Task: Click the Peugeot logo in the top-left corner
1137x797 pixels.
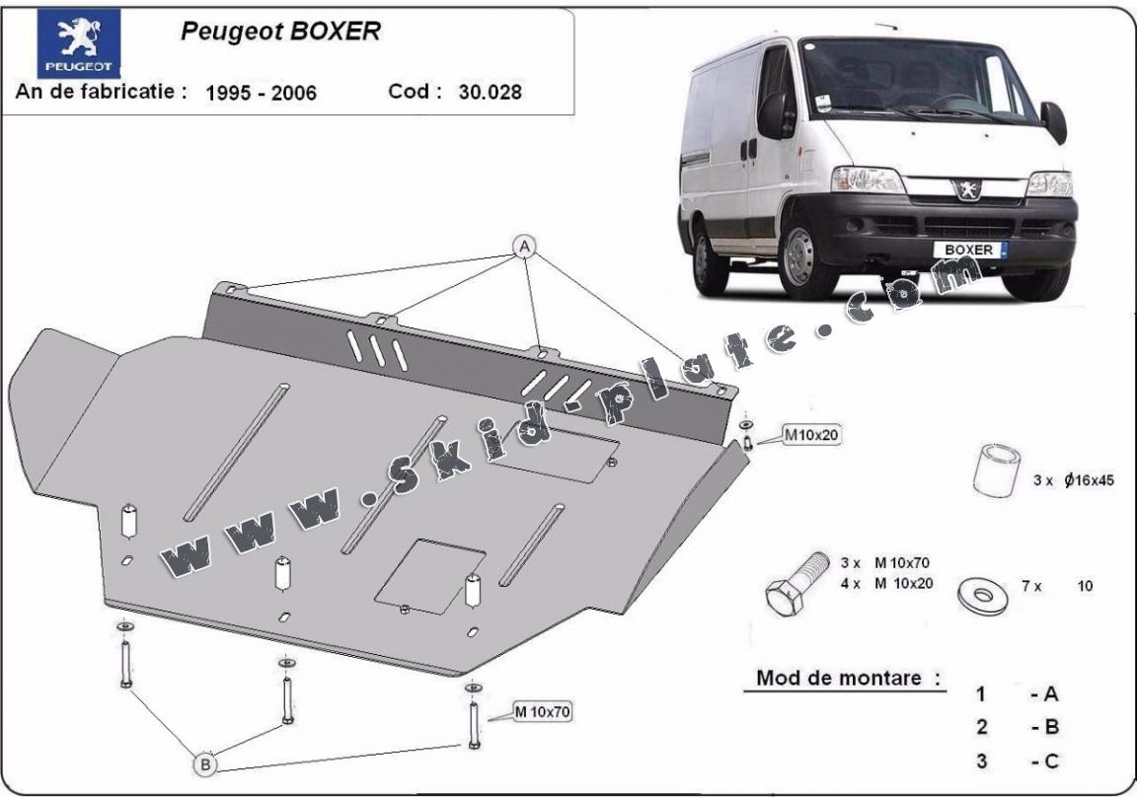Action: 79,43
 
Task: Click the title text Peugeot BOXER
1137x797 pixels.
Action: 279,32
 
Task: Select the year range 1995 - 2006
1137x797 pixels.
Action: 261,93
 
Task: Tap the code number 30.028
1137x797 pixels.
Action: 490,93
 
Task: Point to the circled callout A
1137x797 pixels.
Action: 524,246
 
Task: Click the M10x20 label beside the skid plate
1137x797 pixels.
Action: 811,433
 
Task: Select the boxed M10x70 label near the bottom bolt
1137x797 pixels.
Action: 542,710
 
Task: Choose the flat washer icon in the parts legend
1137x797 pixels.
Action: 982,594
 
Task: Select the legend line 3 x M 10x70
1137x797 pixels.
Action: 885,563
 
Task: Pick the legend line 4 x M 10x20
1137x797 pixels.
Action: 885,583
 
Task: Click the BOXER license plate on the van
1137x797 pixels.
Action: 970,250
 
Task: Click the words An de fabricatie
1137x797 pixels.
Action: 101,92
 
